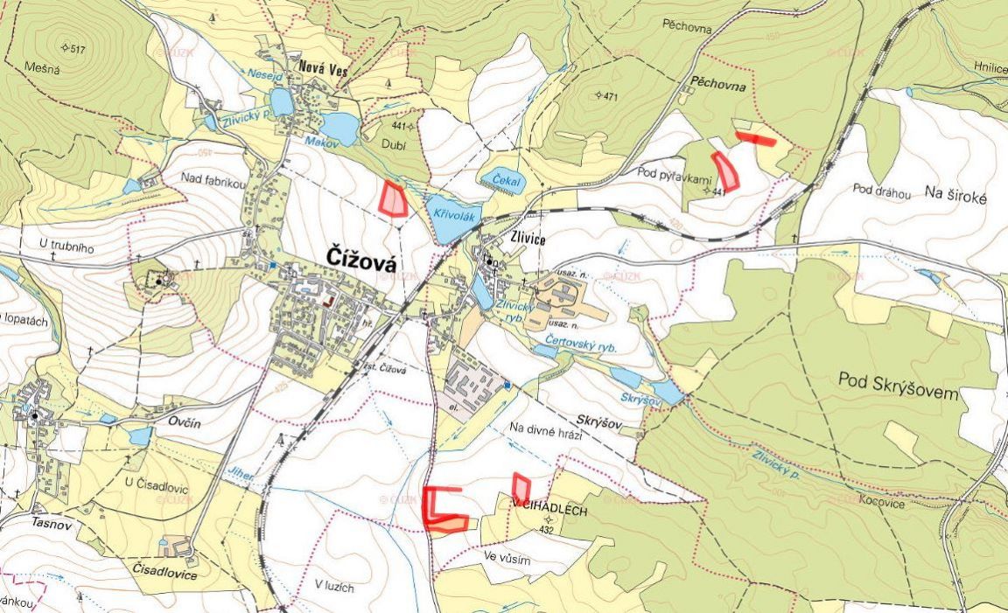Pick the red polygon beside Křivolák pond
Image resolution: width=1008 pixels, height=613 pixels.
coord(394,199)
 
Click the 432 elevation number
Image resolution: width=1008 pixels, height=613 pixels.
coord(546,530)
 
